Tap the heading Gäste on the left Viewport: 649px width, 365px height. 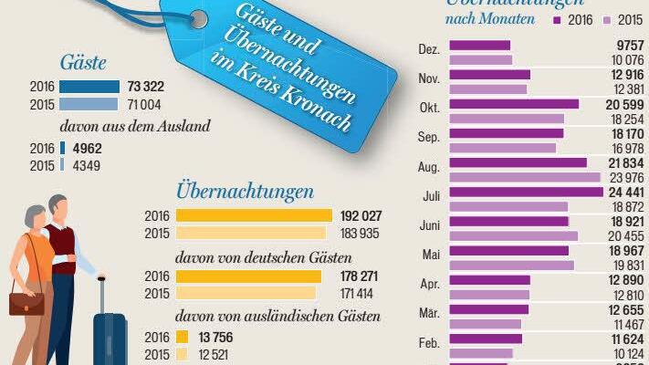pyautogui.click(x=83, y=63)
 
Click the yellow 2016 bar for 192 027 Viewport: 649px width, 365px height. pyautogui.click(x=253, y=215)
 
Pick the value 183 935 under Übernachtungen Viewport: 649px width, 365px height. pyautogui.click(x=360, y=233)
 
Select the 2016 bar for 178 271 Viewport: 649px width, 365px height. pyautogui.click(x=247, y=276)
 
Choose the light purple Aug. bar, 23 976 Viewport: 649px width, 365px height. pyautogui.click(x=526, y=177)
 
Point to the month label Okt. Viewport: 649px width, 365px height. pyautogui.click(x=430, y=108)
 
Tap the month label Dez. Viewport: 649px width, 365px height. pyautogui.click(x=429, y=50)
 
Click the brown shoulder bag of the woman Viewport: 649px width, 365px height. pyautogui.click(x=26, y=302)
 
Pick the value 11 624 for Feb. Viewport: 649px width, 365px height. pyautogui.click(x=625, y=339)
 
